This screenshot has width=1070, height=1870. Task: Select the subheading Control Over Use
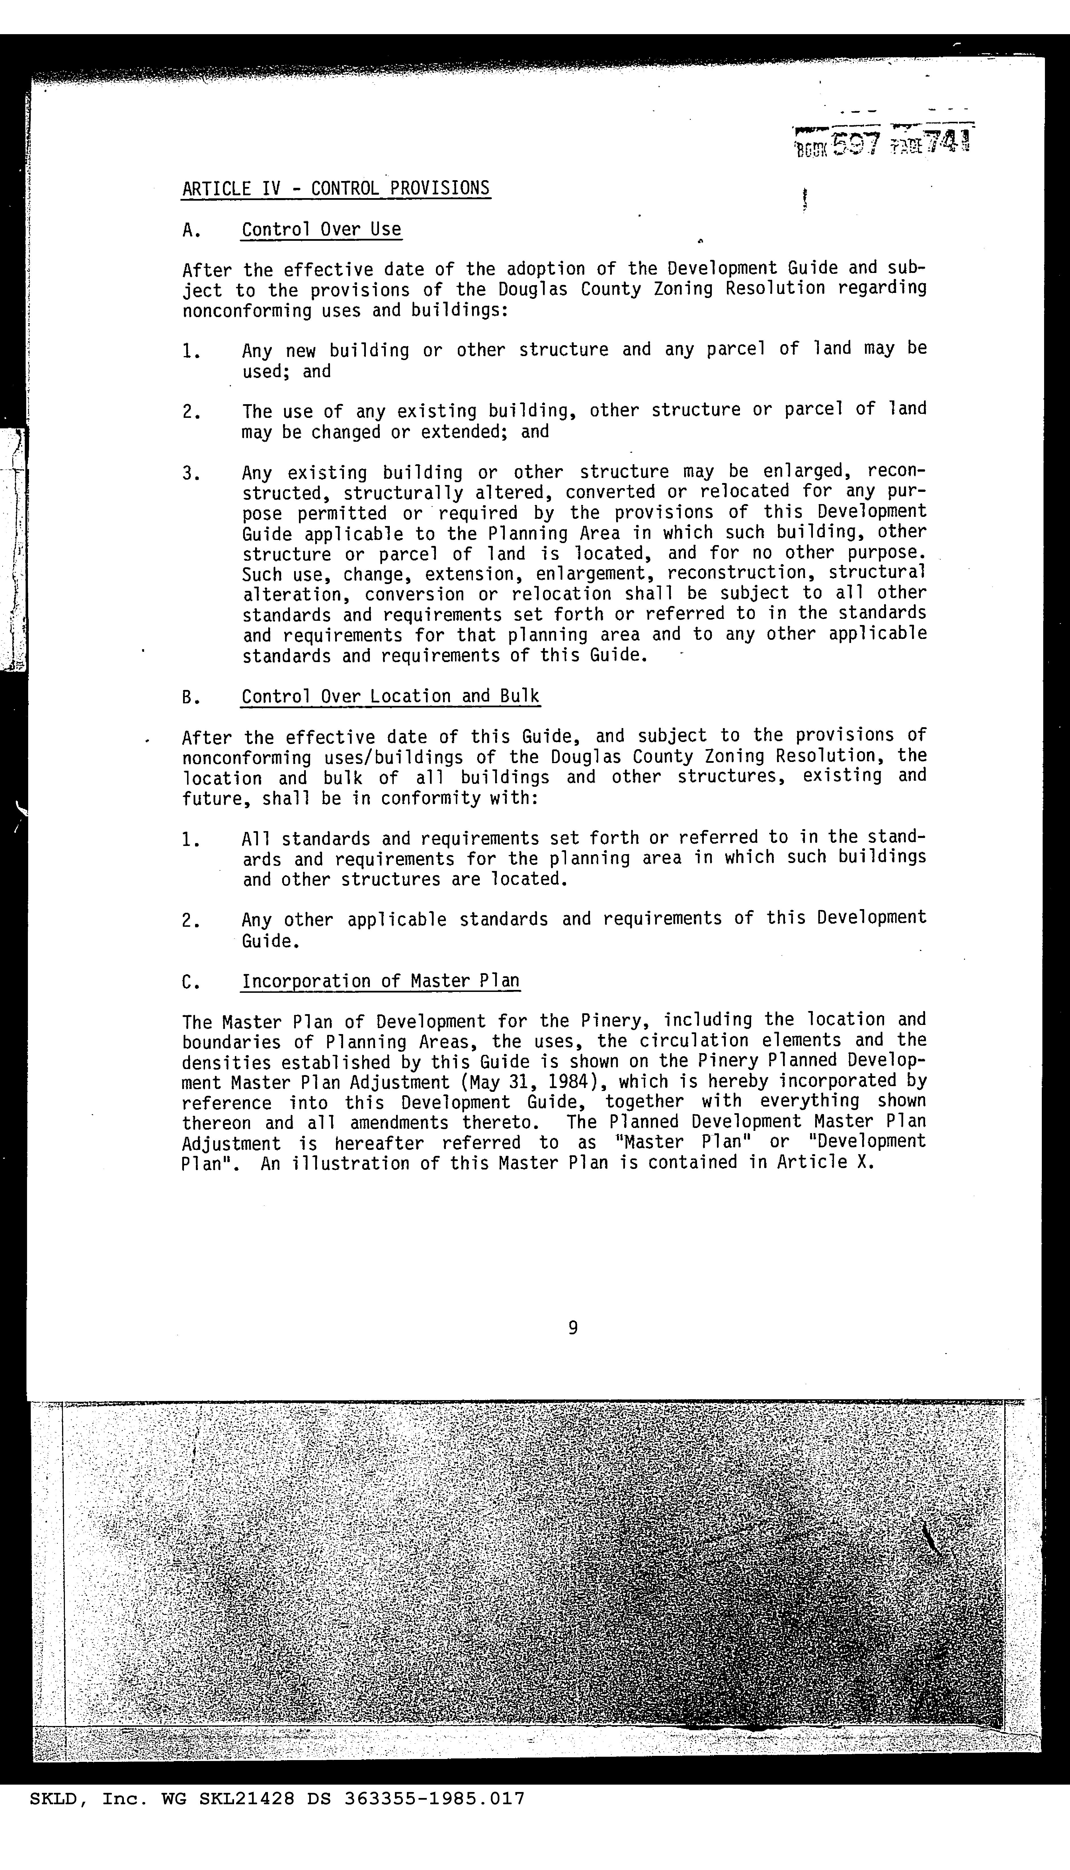(321, 230)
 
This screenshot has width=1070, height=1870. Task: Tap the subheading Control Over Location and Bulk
(390, 696)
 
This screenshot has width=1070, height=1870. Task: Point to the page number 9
(573, 1327)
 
